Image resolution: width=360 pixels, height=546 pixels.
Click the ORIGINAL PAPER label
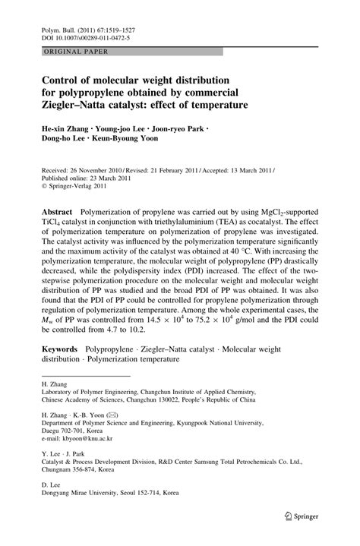pyautogui.click(x=75, y=52)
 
